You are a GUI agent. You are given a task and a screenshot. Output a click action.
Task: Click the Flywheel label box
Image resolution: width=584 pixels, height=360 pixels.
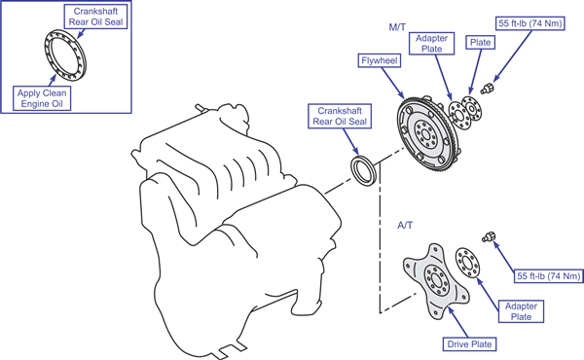click(x=380, y=60)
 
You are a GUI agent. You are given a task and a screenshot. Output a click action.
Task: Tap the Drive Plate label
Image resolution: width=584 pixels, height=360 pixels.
click(x=469, y=344)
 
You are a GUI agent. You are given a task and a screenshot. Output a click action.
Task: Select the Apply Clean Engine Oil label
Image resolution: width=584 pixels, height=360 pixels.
click(x=42, y=98)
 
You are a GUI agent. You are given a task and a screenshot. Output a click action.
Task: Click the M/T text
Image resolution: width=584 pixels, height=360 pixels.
click(x=397, y=27)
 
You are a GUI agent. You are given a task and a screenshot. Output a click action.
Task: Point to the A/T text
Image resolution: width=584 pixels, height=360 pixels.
click(x=405, y=225)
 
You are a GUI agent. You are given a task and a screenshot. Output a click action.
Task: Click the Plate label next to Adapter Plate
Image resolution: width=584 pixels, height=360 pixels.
click(x=480, y=43)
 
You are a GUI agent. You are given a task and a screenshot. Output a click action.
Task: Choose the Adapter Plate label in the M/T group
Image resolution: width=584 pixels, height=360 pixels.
click(x=431, y=44)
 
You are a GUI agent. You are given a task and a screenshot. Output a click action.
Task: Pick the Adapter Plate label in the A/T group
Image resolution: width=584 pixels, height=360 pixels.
click(x=521, y=311)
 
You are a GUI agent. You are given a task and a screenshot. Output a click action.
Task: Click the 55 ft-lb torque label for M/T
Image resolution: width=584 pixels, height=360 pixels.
click(x=530, y=23)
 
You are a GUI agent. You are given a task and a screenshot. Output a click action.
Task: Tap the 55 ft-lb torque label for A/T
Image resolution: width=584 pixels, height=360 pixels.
click(x=549, y=276)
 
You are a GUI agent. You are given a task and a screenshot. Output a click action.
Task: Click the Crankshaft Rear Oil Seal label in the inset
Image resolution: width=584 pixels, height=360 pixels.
click(x=95, y=17)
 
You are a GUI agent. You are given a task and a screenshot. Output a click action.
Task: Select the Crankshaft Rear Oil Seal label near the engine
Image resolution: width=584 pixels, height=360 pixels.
click(x=340, y=116)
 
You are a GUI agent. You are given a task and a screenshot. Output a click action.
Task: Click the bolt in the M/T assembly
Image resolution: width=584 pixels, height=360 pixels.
click(x=487, y=89)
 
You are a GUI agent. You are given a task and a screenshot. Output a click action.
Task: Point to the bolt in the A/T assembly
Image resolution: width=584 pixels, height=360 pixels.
click(x=489, y=236)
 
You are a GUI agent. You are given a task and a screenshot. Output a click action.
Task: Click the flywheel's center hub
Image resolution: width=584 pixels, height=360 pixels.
click(x=424, y=133)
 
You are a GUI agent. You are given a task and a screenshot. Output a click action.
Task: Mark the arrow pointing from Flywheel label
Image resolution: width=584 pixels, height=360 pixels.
click(x=392, y=84)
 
